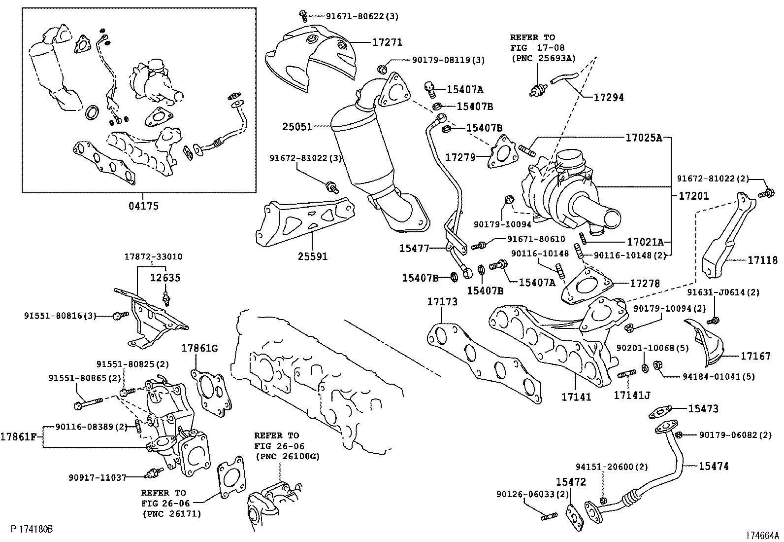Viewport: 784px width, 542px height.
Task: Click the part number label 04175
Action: click(x=144, y=206)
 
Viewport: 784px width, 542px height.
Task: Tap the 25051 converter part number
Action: click(x=297, y=127)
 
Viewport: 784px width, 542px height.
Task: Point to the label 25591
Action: click(x=312, y=256)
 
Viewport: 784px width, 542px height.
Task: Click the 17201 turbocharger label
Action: click(x=693, y=196)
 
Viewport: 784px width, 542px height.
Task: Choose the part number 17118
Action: click(x=763, y=260)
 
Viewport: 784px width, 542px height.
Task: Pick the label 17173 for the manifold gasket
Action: click(x=442, y=301)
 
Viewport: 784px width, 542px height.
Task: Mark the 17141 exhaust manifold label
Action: click(x=576, y=396)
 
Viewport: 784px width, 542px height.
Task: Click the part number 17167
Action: click(x=755, y=356)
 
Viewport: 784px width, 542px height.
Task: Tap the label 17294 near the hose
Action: click(x=608, y=98)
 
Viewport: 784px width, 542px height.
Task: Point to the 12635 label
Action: click(x=165, y=278)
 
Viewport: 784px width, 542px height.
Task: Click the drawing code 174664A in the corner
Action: click(x=762, y=536)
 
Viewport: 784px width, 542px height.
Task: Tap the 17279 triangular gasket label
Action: click(x=460, y=157)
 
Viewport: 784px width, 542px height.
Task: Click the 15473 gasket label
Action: click(x=703, y=408)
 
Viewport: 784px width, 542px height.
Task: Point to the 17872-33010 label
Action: click(x=153, y=257)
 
